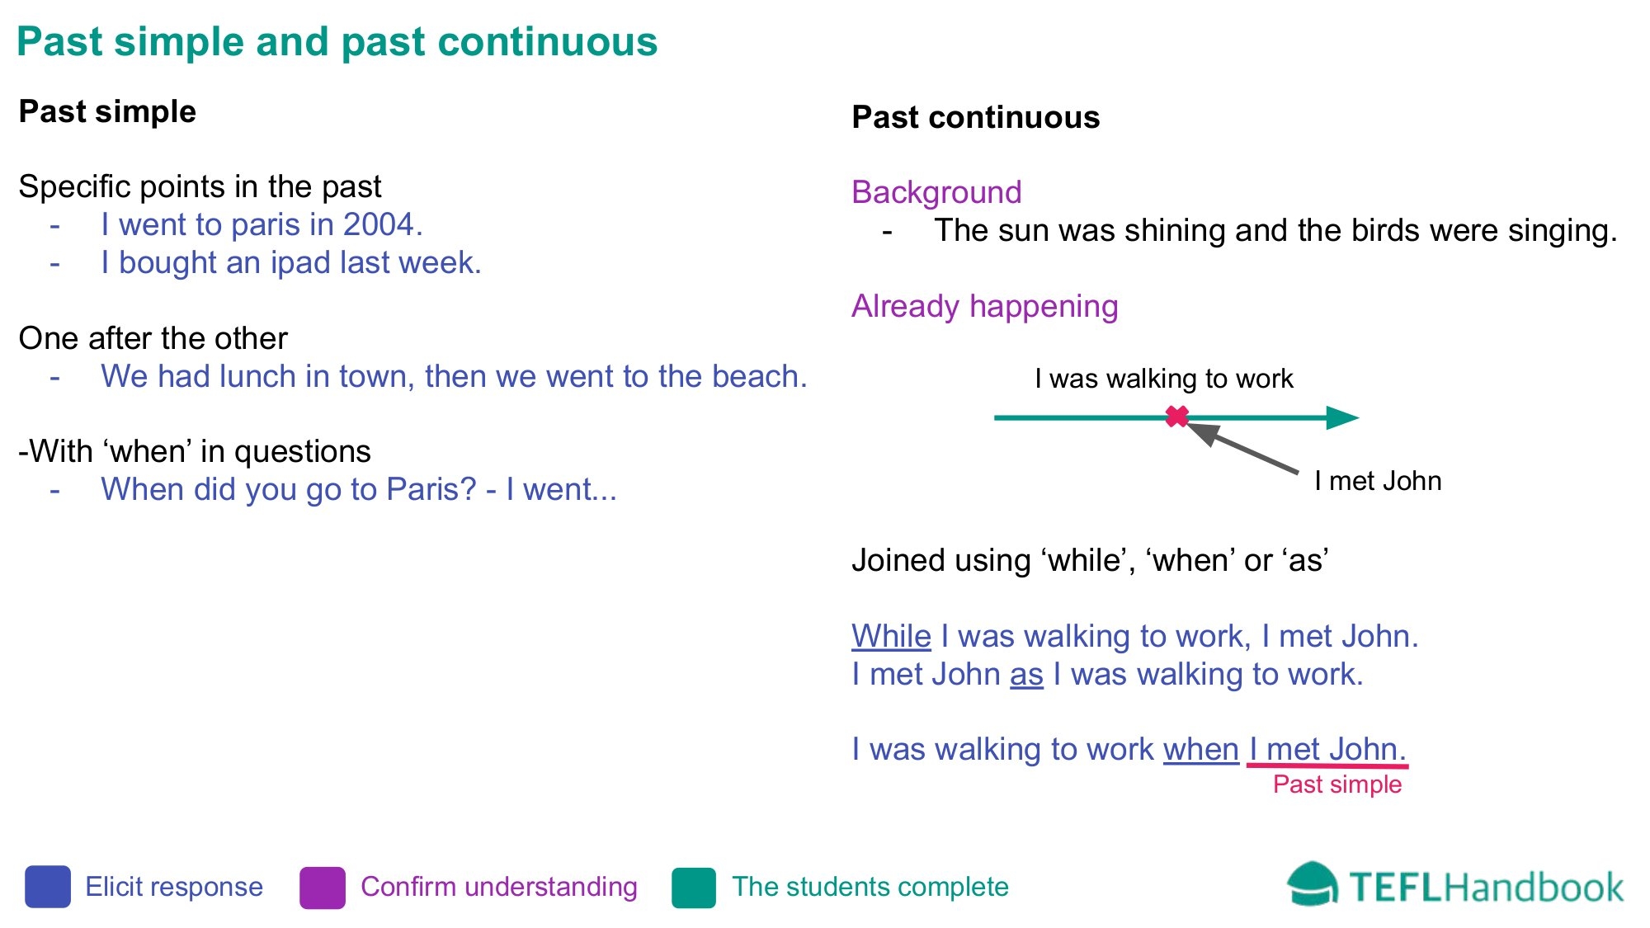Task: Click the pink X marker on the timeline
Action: tap(1177, 417)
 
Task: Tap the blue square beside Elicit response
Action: tap(48, 887)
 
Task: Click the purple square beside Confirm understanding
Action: tap(323, 888)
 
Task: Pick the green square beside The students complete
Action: tap(694, 888)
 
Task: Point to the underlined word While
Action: tap(891, 636)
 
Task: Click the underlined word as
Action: tap(1026, 674)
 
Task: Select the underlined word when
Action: tap(1201, 749)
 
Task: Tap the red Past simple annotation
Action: tap(1337, 784)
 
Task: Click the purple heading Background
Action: tap(936, 192)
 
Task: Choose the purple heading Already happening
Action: tap(985, 306)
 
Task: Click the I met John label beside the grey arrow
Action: tap(1378, 481)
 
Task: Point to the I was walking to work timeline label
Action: tap(1164, 379)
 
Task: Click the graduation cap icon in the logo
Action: tap(1313, 885)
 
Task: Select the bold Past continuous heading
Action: tap(976, 117)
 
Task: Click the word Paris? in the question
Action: tap(431, 489)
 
